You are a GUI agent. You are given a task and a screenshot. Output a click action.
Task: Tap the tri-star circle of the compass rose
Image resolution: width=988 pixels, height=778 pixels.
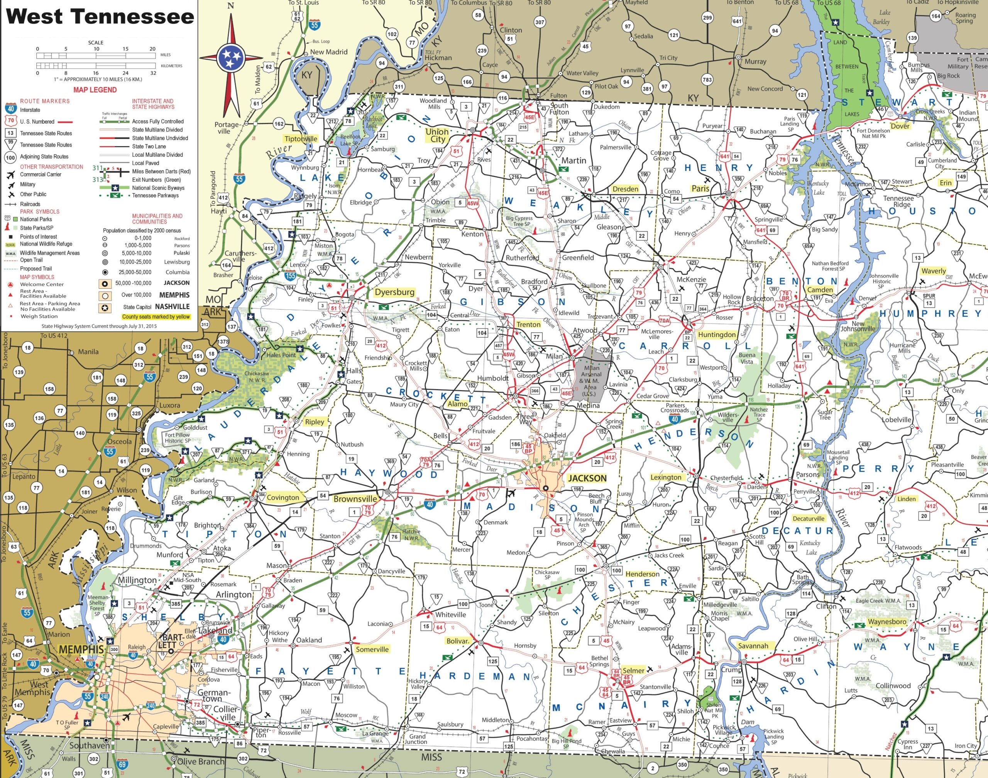point(231,58)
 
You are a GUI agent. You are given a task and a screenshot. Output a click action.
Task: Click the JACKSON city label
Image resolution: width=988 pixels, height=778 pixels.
point(587,478)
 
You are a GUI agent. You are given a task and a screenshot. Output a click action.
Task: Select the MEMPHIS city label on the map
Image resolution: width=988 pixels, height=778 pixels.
point(81,649)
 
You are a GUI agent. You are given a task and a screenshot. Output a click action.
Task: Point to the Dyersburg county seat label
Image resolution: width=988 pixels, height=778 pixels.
point(394,292)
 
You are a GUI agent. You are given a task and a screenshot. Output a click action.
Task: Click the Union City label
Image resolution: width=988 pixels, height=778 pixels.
point(437,135)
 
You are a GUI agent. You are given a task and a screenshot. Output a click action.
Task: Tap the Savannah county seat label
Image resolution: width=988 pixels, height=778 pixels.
point(753,646)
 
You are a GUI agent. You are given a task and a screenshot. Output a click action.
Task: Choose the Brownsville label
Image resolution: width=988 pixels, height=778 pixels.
point(355,499)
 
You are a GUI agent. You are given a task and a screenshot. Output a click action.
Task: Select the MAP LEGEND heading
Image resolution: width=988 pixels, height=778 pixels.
point(95,90)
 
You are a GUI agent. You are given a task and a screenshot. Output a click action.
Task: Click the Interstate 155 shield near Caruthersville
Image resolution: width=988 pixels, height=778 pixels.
point(290,276)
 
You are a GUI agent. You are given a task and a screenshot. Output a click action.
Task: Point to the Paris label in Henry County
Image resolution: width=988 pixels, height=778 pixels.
point(700,189)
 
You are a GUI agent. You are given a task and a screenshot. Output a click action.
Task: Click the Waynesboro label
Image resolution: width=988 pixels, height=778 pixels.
point(887,622)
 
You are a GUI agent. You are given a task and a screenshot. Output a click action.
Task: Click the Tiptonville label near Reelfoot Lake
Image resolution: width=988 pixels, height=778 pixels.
point(301,139)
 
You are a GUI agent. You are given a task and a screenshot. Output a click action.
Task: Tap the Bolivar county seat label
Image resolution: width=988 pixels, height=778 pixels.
point(457,641)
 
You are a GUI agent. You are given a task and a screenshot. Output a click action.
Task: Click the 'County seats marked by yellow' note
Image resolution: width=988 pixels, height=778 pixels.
point(156,316)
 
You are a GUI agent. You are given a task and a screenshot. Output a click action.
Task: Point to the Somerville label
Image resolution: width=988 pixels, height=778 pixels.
point(372,649)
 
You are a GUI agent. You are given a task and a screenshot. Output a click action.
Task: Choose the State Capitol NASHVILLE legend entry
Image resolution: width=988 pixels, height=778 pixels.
point(156,307)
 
